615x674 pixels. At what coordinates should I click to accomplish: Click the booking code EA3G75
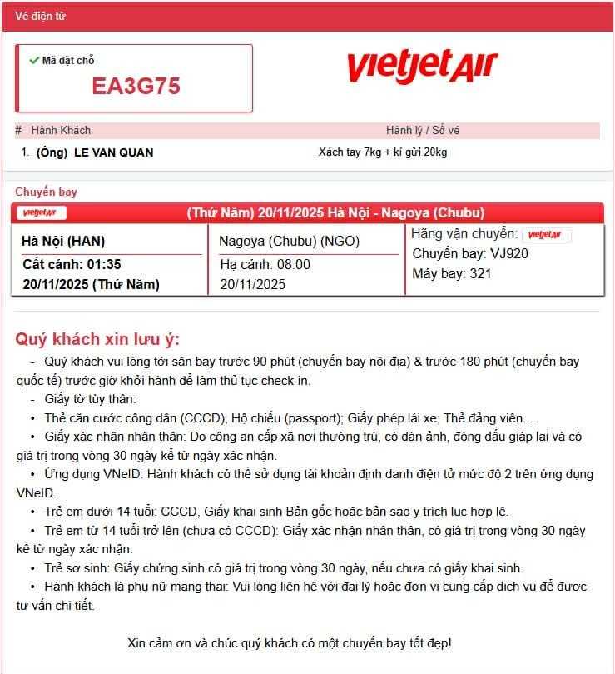coord(136,86)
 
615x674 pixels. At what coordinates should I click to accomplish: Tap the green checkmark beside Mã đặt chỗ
coord(34,60)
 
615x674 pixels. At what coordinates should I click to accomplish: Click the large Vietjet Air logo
coord(421,66)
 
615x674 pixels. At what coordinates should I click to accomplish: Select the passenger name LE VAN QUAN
coord(113,152)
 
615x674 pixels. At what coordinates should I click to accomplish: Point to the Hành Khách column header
coord(61,130)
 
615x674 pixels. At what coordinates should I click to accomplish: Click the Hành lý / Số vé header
coord(423,130)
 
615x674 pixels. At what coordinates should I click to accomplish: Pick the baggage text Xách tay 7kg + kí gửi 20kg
coord(383,152)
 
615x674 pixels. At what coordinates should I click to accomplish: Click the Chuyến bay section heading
coord(46,192)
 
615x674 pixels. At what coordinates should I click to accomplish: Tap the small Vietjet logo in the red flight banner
coord(42,212)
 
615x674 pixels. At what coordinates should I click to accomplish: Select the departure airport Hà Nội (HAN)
coord(63,242)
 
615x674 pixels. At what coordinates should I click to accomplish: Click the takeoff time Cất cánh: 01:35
coord(72,264)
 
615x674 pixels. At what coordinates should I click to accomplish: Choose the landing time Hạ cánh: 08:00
coord(265,264)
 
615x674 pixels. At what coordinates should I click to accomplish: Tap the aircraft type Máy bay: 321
coord(452,273)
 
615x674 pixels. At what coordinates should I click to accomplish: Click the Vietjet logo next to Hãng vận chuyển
coord(547,235)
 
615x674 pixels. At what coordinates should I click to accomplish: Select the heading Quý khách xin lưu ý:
coord(97,339)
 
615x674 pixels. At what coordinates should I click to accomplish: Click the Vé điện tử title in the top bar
coord(40,16)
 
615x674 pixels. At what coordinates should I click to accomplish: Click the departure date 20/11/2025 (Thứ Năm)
coord(91,284)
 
